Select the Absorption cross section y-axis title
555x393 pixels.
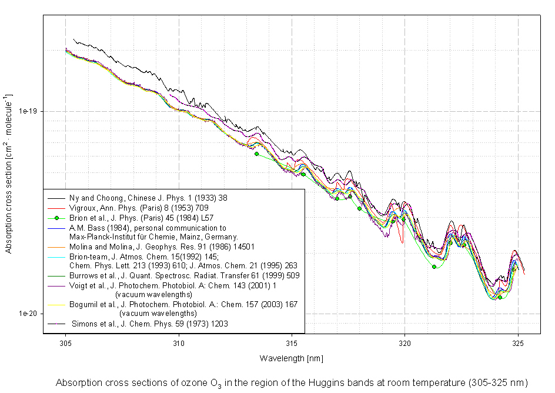pos(8,174)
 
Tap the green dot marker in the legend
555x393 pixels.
pos(57,218)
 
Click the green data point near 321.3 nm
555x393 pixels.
pos(434,267)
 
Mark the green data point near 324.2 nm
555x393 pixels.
pos(500,297)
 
